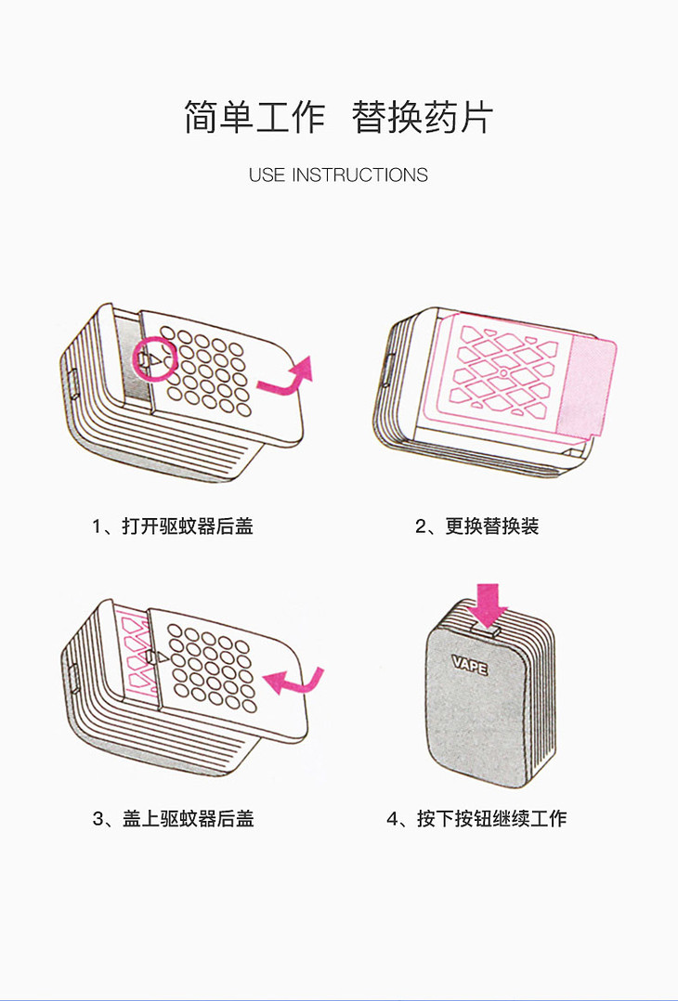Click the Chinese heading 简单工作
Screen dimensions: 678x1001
point(254,117)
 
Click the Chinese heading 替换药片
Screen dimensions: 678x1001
point(423,117)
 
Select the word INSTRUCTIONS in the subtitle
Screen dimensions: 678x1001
point(360,175)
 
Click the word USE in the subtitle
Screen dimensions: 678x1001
point(267,175)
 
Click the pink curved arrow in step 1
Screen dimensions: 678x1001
point(285,379)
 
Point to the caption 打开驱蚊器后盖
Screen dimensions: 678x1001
point(188,526)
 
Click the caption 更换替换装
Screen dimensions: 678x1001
point(492,526)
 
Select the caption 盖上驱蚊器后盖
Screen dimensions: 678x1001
point(189,818)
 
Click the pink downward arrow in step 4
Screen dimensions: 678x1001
point(488,604)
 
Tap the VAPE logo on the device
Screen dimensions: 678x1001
point(470,665)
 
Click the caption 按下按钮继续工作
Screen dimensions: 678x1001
point(491,818)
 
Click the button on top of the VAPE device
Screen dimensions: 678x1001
point(487,630)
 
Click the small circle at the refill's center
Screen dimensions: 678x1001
point(503,373)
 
